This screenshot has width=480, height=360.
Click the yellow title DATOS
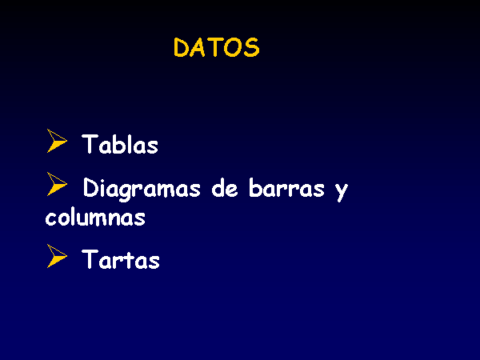pyautogui.click(x=217, y=47)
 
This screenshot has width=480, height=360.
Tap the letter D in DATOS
pyautogui.click(x=181, y=47)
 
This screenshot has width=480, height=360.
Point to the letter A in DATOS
pyautogui.click(x=198, y=47)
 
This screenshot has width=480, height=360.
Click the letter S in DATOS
pyautogui.click(x=252, y=47)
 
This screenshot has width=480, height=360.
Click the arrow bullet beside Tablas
pyautogui.click(x=56, y=141)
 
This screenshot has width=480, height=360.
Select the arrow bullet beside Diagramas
pyautogui.click(x=56, y=184)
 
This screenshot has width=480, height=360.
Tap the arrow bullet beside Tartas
pyautogui.click(x=56, y=256)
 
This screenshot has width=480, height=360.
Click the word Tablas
pyautogui.click(x=120, y=144)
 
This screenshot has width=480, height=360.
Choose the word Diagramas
pyautogui.click(x=142, y=189)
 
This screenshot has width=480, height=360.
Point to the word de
pyautogui.click(x=225, y=187)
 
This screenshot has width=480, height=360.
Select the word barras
pyautogui.click(x=286, y=187)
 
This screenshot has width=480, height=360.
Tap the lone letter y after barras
pyautogui.click(x=342, y=192)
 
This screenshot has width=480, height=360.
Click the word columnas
pyautogui.click(x=95, y=217)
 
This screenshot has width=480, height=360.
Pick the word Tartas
pyautogui.click(x=121, y=259)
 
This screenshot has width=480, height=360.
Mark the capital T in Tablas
pyautogui.click(x=89, y=144)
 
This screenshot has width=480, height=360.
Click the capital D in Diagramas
pyautogui.click(x=90, y=187)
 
